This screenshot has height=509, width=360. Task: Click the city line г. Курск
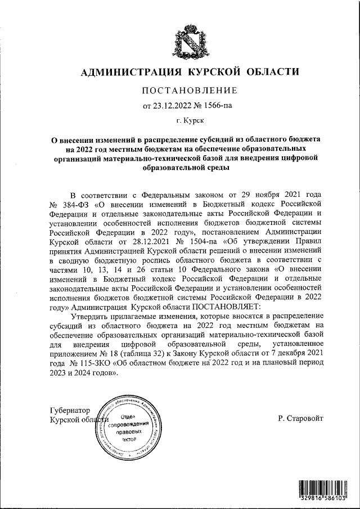(190, 120)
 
